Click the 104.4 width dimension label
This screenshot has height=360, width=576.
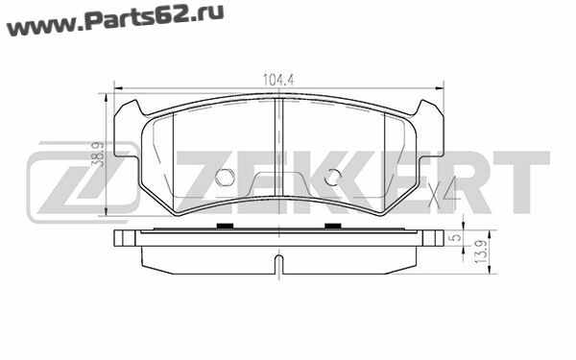(x=278, y=80)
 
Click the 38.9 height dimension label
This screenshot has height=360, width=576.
(x=98, y=155)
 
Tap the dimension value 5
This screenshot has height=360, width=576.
(x=455, y=237)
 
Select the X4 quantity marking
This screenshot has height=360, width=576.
(x=443, y=191)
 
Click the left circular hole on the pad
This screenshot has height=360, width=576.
(x=225, y=178)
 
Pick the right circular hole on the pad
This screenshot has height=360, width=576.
(x=333, y=178)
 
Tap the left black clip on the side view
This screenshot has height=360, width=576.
(x=225, y=226)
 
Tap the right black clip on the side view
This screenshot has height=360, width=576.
(x=333, y=226)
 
